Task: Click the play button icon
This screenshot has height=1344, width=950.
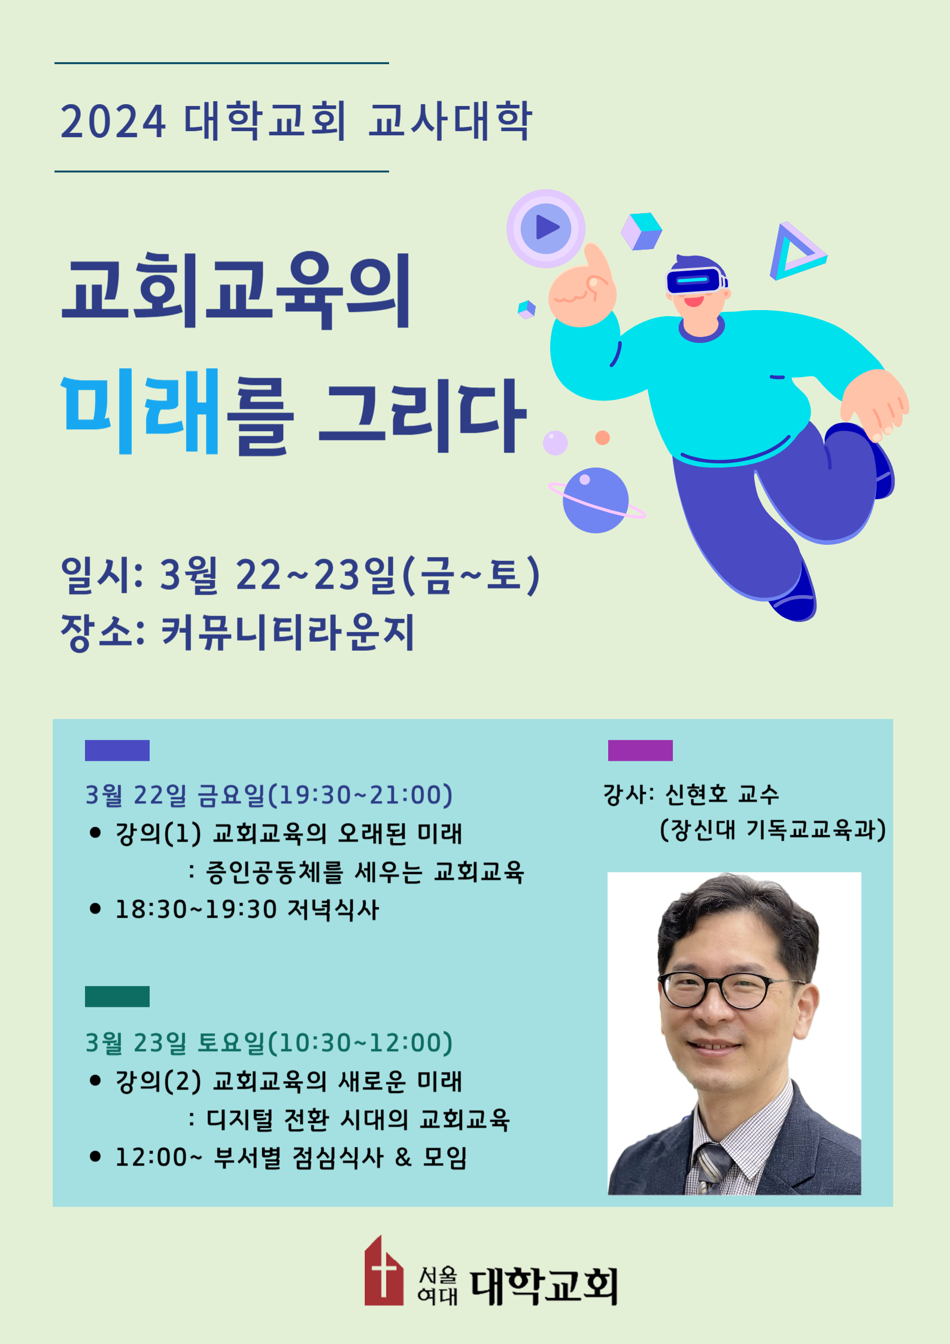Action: tap(545, 228)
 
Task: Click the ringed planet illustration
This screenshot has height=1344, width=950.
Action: tap(596, 500)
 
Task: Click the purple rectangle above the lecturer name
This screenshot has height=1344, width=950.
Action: tap(640, 750)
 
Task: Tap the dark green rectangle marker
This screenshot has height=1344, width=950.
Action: tap(117, 996)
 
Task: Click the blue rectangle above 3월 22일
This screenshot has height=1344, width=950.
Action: tap(117, 750)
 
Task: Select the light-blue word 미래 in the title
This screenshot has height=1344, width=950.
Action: tap(140, 411)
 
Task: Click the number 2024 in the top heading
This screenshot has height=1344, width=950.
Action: tap(113, 122)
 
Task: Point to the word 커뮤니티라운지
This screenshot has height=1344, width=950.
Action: tap(287, 632)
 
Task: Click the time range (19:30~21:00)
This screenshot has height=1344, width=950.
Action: tap(360, 795)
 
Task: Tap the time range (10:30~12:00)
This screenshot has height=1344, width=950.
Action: tap(360, 1042)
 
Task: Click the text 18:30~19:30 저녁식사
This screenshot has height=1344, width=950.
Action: tap(247, 909)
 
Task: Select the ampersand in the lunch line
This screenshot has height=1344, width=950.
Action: tap(403, 1157)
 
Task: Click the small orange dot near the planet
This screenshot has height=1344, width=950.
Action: tap(603, 438)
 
